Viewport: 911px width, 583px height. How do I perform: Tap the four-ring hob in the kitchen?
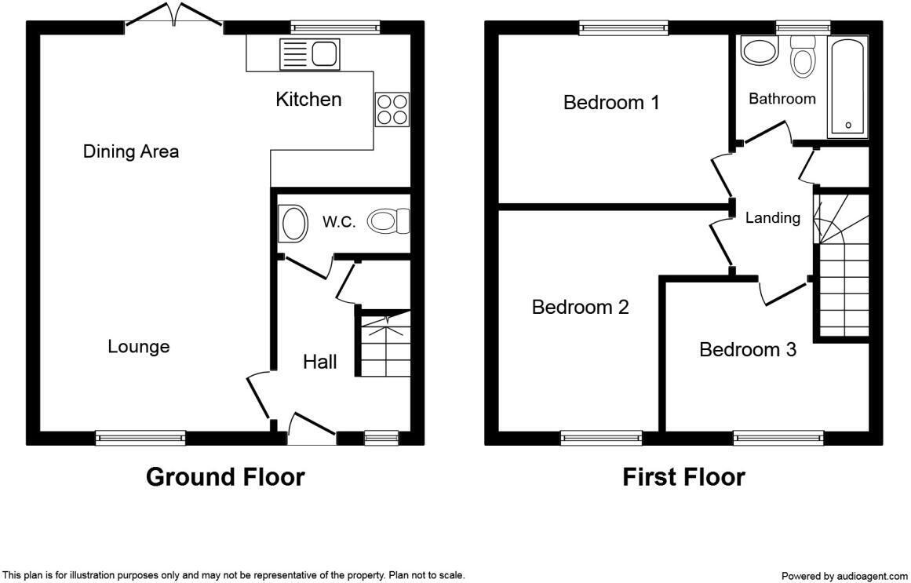click(392, 109)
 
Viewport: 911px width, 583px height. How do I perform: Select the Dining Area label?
click(131, 151)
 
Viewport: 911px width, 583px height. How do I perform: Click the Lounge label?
click(139, 346)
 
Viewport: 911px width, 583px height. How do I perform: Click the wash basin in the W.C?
click(293, 223)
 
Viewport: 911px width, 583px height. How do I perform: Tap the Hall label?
click(320, 362)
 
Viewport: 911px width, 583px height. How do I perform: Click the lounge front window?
click(140, 438)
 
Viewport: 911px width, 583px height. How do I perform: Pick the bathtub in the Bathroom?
click(847, 86)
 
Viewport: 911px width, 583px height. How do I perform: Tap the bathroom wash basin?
click(759, 53)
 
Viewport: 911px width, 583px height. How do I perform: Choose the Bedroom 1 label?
click(611, 102)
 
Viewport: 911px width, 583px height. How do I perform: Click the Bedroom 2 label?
click(580, 307)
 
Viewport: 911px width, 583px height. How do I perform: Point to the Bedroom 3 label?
click(748, 349)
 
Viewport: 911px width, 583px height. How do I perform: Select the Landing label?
click(772, 218)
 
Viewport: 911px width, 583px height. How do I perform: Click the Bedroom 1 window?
click(624, 28)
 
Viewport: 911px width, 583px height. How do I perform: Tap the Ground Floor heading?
click(225, 476)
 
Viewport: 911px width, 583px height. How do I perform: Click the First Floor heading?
click(683, 476)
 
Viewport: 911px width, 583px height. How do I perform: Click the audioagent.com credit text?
click(844, 576)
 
